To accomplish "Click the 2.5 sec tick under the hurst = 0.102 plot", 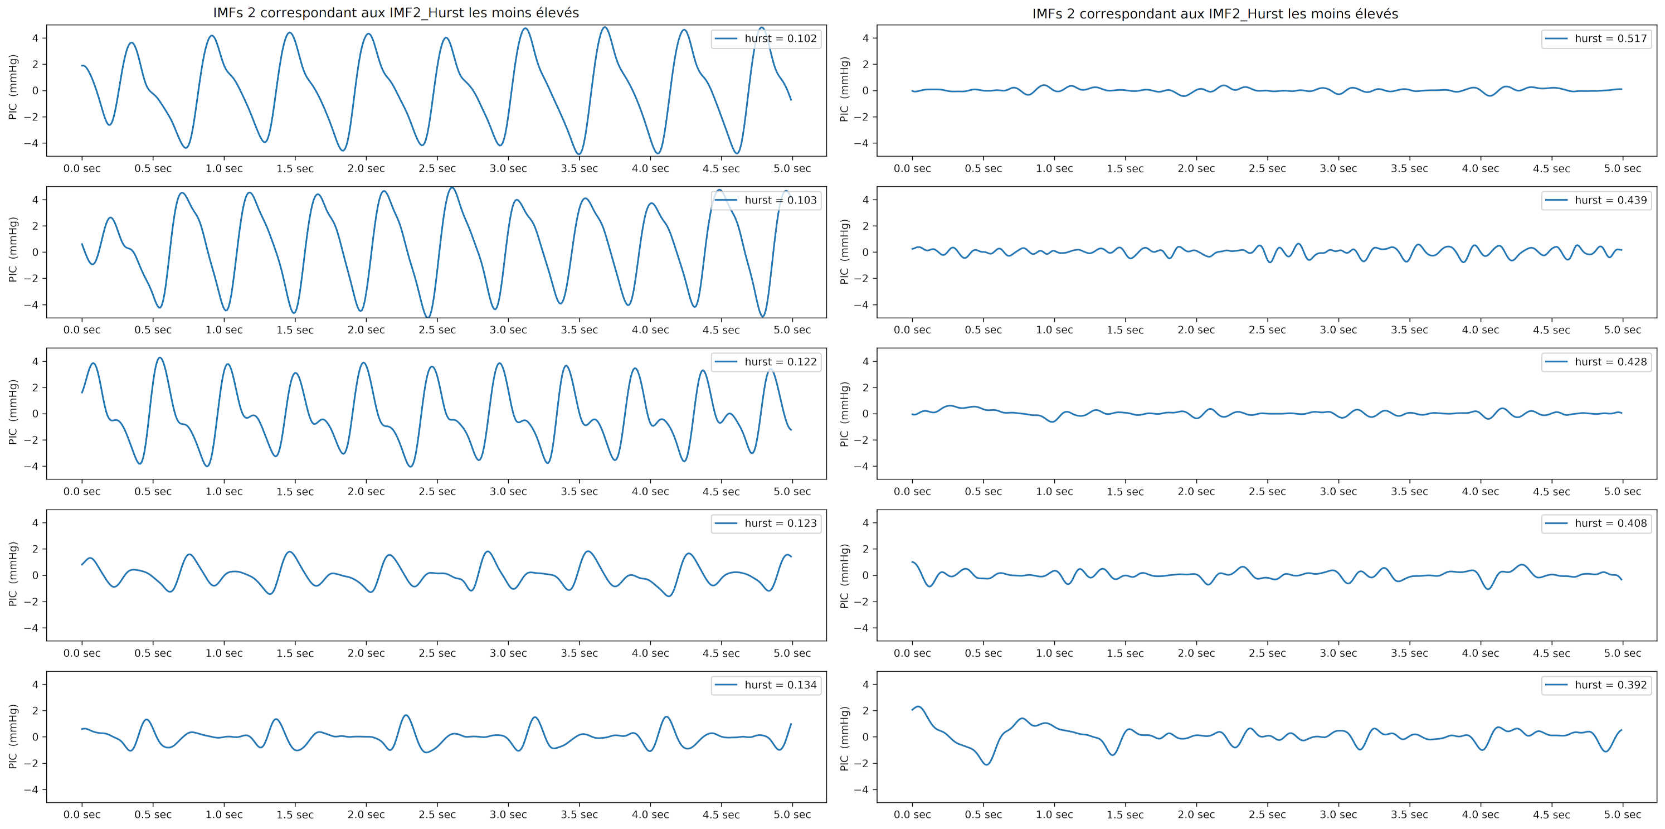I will tap(437, 169).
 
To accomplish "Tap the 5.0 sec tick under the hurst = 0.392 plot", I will tap(1622, 815).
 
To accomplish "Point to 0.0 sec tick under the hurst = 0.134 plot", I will tap(82, 815).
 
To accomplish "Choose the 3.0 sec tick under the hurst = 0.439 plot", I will tap(1338, 330).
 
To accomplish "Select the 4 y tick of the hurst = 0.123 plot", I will tap(35, 522).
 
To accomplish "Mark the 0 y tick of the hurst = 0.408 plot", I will tap(865, 575).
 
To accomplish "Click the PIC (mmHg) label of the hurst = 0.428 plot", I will tap(844, 414).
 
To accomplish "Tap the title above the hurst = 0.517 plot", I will tap(1215, 13).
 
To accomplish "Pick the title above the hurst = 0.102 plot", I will tap(396, 13).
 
